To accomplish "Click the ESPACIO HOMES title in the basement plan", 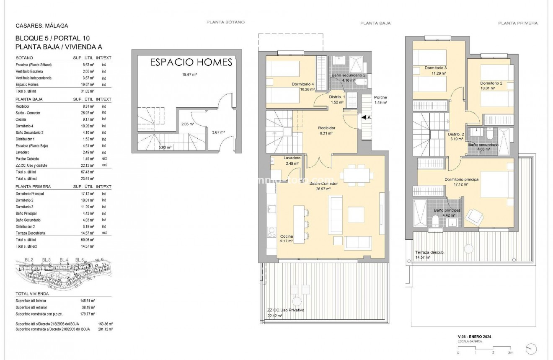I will [x=191, y=62].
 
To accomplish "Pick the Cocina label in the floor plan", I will [x=287, y=236].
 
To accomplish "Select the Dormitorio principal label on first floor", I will [x=462, y=179].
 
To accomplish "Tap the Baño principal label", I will [x=447, y=210].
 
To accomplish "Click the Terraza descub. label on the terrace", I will [x=430, y=252].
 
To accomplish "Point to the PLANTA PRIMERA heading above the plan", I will [x=518, y=23].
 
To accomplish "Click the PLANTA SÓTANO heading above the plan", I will [x=225, y=22].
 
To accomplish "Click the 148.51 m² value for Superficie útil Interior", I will [x=88, y=300].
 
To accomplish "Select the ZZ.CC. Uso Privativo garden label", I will [x=286, y=310].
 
